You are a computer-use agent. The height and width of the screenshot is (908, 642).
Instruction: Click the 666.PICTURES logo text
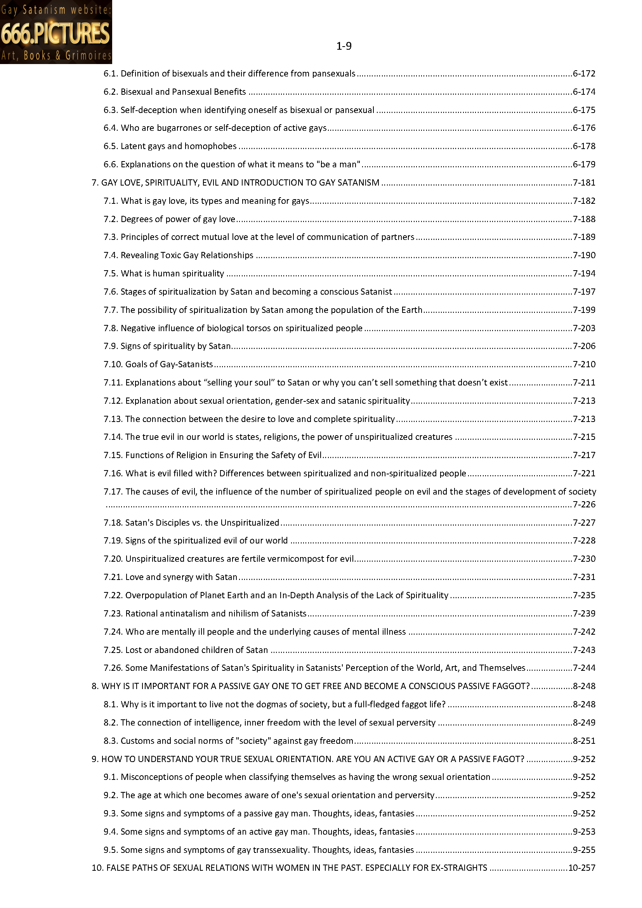[x=56, y=33]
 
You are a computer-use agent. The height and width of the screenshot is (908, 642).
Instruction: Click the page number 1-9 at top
[x=344, y=46]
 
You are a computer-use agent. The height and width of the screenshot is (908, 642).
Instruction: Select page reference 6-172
[x=584, y=73]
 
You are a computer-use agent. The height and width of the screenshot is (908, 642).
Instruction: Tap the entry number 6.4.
[x=111, y=128]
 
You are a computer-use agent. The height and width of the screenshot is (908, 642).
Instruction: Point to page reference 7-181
[x=584, y=183]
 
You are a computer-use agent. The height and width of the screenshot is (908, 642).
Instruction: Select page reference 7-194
[x=584, y=273]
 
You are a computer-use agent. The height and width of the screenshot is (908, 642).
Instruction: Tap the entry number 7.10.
[x=113, y=364]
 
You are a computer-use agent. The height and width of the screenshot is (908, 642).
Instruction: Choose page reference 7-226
[x=584, y=504]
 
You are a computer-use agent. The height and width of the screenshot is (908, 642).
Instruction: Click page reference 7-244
[x=584, y=668]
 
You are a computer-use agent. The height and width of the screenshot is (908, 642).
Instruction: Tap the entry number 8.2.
[x=111, y=722]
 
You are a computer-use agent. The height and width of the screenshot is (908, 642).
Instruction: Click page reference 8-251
[x=584, y=741]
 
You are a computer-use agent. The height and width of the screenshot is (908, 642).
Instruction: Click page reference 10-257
[x=581, y=868]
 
